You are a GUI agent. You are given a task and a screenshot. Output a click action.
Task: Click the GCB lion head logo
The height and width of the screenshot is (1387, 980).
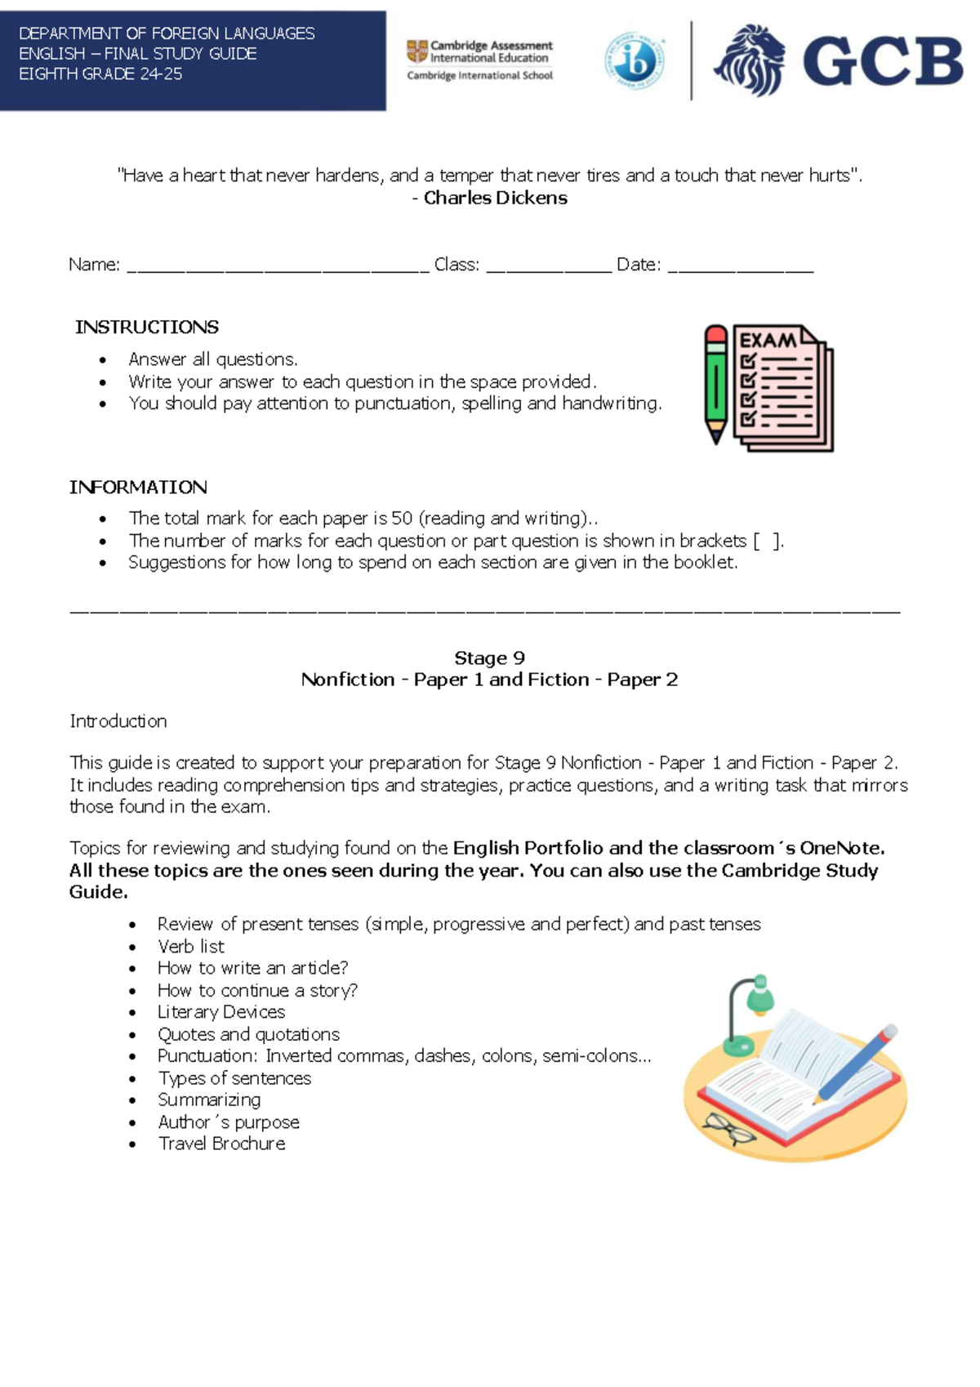(750, 60)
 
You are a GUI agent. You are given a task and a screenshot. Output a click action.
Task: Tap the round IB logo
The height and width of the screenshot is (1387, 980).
(635, 60)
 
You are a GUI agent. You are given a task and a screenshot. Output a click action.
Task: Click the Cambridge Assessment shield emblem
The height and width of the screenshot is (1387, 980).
(417, 51)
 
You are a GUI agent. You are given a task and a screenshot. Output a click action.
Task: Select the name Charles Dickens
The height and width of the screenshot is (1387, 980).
(495, 198)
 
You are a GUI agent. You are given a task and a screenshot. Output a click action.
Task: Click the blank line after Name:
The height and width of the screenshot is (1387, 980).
(278, 266)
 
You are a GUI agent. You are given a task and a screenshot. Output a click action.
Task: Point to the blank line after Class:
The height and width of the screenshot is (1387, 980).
(548, 266)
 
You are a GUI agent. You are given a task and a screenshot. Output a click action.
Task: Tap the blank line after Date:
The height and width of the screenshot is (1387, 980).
(740, 266)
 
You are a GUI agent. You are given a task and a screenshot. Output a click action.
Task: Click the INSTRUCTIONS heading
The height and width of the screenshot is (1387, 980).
(147, 327)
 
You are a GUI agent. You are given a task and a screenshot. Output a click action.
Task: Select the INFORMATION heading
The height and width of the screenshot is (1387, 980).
(138, 487)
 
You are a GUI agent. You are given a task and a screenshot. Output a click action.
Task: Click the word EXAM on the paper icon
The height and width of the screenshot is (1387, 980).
(767, 340)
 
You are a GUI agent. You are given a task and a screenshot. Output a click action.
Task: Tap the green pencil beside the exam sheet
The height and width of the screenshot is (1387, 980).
(716, 384)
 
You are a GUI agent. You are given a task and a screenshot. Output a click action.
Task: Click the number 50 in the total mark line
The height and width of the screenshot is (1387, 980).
(402, 518)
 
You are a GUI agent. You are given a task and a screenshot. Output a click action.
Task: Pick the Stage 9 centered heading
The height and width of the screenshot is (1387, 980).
(489, 658)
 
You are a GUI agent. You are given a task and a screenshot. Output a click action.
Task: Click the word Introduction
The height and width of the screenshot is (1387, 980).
(118, 720)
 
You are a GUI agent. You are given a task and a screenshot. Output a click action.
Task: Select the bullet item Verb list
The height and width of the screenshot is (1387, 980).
(191, 946)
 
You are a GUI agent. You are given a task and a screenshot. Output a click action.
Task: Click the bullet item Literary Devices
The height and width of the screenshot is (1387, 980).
(221, 1012)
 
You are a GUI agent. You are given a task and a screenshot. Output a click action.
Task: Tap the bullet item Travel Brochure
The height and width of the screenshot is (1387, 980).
(221, 1144)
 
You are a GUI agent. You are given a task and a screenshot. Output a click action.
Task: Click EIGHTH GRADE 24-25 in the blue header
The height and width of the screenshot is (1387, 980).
(100, 74)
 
